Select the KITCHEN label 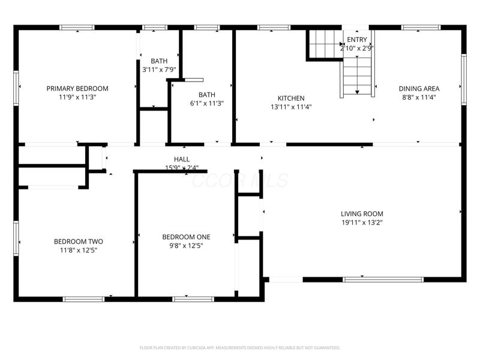pyautogui.click(x=290, y=98)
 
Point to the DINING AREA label pyautogui.click(x=419, y=88)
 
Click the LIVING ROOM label pyautogui.click(x=362, y=214)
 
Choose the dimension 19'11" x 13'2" pyautogui.click(x=362, y=223)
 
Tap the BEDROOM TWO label pyautogui.click(x=75, y=242)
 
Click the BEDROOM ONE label pyautogui.click(x=186, y=236)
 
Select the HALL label pyautogui.click(x=182, y=159)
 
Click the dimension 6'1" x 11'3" pyautogui.click(x=207, y=103)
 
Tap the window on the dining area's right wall pyautogui.click(x=463, y=79)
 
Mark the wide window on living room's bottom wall pyautogui.click(x=383, y=279)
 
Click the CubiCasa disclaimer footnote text pyautogui.click(x=239, y=347)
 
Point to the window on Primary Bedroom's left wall pyautogui.click(x=16, y=88)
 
